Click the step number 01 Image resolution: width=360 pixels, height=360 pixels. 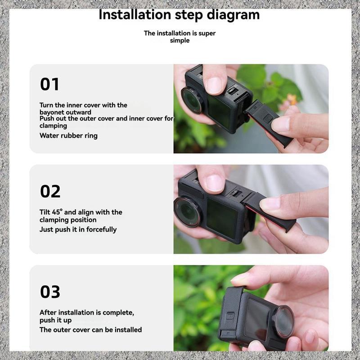49,84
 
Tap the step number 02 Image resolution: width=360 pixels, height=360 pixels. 50,191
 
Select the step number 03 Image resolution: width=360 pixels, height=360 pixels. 50,292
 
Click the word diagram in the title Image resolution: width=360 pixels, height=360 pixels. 233,15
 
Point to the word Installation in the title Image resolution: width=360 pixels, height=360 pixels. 135,15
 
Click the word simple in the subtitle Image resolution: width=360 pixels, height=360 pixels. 180,40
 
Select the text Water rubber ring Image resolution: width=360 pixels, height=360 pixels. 68,136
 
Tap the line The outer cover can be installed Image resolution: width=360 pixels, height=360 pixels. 91,330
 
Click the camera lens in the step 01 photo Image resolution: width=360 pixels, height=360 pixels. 192,100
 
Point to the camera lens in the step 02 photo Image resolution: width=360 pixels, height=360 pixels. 187,211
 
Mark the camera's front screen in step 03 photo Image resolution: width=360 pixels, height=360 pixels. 256,319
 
